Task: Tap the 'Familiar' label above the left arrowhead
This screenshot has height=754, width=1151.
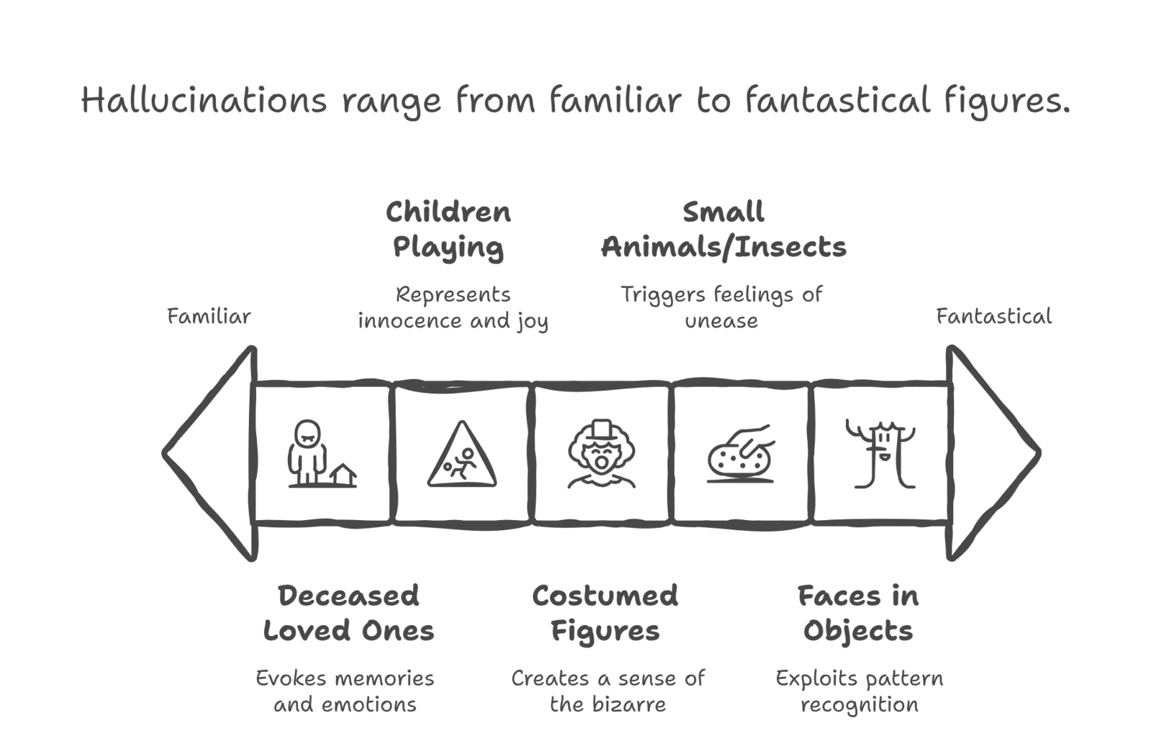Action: pyautogui.click(x=208, y=317)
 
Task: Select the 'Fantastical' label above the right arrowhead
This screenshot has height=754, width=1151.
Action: pyautogui.click(x=993, y=317)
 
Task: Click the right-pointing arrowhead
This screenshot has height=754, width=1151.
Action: pyautogui.click(x=993, y=453)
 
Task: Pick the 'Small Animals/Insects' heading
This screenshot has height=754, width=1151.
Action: pyautogui.click(x=724, y=230)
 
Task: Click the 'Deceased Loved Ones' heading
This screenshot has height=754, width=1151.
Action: pyautogui.click(x=348, y=614)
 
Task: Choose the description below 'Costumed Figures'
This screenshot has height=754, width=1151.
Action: pyautogui.click(x=607, y=691)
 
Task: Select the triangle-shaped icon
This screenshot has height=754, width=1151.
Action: pyautogui.click(x=463, y=453)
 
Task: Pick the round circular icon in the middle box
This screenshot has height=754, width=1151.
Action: pyautogui.click(x=601, y=453)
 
